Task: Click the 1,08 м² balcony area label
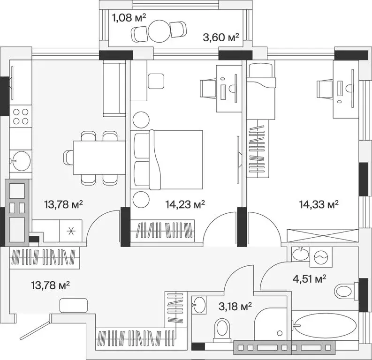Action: tap(129, 18)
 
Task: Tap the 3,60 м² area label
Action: tap(221, 37)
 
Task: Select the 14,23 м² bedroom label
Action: tap(185, 204)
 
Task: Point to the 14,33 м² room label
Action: tap(319, 204)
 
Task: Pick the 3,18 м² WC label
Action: tap(235, 307)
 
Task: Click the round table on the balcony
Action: tap(159, 31)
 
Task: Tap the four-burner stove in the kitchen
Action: tap(21, 117)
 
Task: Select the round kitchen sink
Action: tap(21, 161)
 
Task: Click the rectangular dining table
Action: tap(99, 157)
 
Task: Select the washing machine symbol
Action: tap(320, 257)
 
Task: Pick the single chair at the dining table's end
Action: tap(68, 157)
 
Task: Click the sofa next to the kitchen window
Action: tap(114, 89)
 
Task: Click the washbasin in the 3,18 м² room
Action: tap(198, 305)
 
